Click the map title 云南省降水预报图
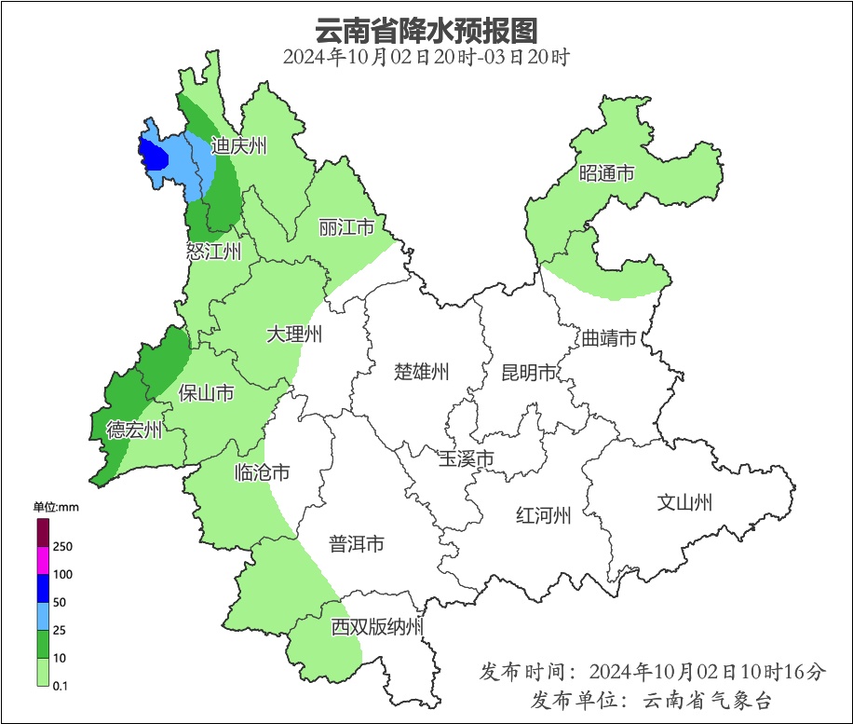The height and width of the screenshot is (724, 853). pos(426,30)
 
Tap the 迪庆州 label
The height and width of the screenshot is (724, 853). pos(238,145)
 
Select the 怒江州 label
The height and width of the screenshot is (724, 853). pos(214,252)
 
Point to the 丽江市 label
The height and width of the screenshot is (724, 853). pos(346,227)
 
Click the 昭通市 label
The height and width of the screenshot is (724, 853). pos(607,173)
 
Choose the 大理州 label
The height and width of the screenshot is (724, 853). pos(294,335)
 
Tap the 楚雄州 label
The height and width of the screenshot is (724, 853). pos(422,373)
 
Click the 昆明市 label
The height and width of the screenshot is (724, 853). pos(528,373)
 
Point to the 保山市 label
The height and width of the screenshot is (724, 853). pos(207,393)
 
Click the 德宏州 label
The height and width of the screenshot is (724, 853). pos(134,430)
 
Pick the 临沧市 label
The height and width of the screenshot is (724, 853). pos(262,472)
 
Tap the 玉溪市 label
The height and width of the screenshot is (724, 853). pos(467,458)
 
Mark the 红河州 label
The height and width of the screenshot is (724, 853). pos(544,515)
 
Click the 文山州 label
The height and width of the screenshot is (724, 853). pos(684,503)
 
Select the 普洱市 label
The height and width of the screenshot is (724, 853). pos(357,544)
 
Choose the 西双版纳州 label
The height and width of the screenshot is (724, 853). pos(378,627)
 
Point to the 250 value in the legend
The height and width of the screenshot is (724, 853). pos(63,546)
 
